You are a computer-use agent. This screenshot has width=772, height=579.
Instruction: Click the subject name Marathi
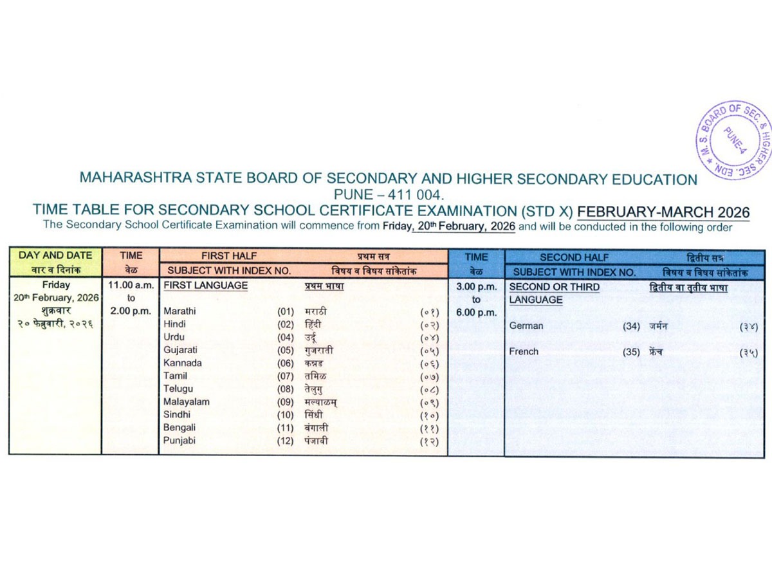click(179, 311)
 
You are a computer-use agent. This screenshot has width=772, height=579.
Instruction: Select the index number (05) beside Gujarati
click(286, 351)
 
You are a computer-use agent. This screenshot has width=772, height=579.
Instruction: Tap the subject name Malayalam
click(186, 402)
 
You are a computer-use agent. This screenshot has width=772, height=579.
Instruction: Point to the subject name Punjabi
click(179, 441)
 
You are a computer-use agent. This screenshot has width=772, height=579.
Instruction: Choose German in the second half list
click(526, 326)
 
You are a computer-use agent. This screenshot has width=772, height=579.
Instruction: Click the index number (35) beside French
click(631, 352)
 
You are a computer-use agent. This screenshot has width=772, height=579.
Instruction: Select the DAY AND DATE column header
click(55, 255)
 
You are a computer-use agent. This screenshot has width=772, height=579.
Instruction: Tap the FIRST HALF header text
click(229, 256)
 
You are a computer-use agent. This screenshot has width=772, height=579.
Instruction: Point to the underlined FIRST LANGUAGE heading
click(206, 286)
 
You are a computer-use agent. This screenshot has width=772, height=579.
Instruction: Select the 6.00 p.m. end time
click(476, 313)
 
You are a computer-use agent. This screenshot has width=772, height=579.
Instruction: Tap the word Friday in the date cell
click(56, 285)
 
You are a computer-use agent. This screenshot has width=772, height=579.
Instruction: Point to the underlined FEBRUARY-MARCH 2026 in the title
click(664, 212)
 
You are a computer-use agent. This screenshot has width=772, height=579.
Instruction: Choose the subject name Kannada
click(182, 363)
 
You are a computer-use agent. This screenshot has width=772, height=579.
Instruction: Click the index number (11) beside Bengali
click(286, 428)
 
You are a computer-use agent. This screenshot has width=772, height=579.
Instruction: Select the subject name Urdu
click(174, 337)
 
